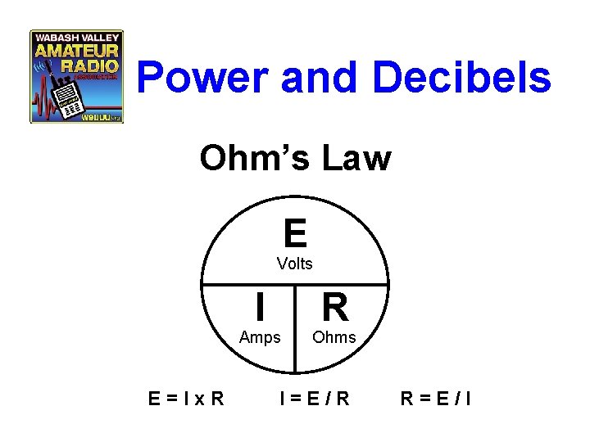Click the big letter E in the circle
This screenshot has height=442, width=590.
point(295,233)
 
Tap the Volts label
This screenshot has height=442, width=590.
point(295,264)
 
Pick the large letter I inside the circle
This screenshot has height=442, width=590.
point(259,309)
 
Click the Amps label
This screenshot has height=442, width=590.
point(260,337)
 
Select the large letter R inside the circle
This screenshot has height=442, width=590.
point(335,309)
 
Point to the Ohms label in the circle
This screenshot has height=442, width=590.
point(334,337)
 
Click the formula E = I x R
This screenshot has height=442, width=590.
point(188,399)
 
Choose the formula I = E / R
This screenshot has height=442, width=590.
point(315,399)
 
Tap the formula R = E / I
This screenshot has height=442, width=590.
point(435,399)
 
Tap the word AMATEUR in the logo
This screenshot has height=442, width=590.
point(77,52)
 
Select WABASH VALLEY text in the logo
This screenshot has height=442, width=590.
point(77,38)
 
